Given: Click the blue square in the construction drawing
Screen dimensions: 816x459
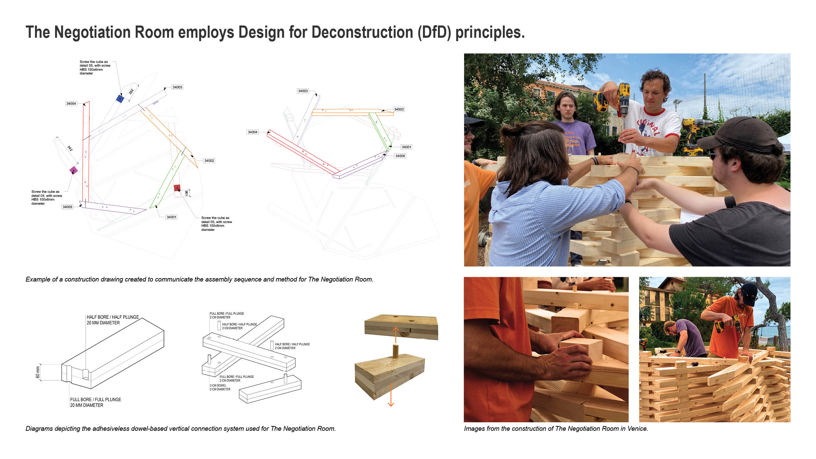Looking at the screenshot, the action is (x=120, y=99).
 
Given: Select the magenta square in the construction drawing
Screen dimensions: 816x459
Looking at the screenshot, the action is (x=73, y=170).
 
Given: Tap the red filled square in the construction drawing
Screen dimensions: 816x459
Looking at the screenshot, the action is (x=177, y=188).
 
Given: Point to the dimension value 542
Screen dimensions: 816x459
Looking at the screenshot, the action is (x=70, y=148).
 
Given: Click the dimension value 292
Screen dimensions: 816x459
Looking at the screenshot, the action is (x=131, y=91).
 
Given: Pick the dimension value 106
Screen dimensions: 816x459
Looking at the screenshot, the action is (x=187, y=193).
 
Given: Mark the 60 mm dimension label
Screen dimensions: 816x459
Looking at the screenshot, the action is (x=38, y=372).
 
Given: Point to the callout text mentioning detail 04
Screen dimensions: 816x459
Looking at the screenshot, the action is (x=47, y=198).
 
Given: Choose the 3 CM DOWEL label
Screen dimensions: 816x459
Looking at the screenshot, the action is (x=218, y=386).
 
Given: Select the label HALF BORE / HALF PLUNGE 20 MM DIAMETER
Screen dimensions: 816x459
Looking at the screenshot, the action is (x=113, y=320).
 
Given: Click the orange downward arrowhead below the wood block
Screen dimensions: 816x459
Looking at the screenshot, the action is (x=391, y=404).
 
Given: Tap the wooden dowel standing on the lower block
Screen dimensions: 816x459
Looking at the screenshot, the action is (x=395, y=351).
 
